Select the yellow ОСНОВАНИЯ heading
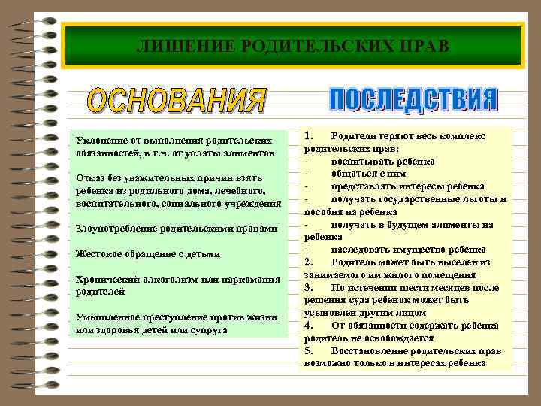tap(177, 102)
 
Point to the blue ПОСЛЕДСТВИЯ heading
tap(413, 101)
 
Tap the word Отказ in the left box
tap(89, 178)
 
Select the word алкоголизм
tap(163, 279)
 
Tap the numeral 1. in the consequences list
tap(310, 135)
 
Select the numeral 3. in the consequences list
tap(310, 288)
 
